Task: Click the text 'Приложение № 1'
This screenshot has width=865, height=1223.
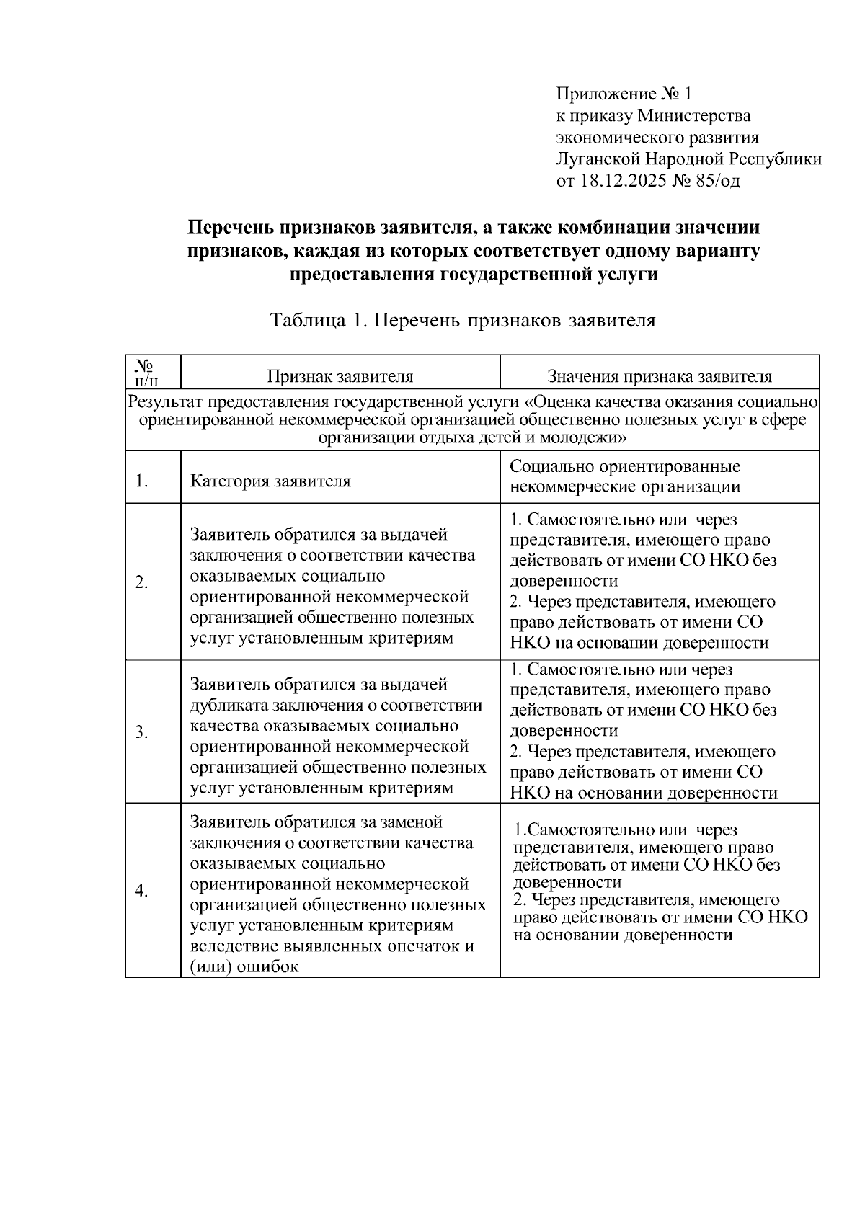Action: (x=624, y=94)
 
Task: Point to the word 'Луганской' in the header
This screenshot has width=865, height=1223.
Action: (x=598, y=159)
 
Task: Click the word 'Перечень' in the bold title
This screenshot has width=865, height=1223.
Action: (x=231, y=228)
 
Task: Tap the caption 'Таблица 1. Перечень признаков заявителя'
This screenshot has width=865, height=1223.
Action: (x=463, y=321)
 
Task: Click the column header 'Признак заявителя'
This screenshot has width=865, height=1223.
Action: (x=340, y=376)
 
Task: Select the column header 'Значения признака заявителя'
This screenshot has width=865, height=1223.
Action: (x=660, y=376)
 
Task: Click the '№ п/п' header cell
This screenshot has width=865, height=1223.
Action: (x=153, y=372)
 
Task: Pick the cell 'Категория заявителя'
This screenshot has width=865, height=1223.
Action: (x=270, y=481)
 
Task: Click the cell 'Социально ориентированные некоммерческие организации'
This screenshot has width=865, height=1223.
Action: (x=625, y=476)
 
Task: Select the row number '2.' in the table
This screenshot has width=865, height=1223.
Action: (x=141, y=582)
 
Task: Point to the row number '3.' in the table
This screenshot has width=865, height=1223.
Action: (x=141, y=732)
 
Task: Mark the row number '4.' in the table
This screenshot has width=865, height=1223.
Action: (x=141, y=891)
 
